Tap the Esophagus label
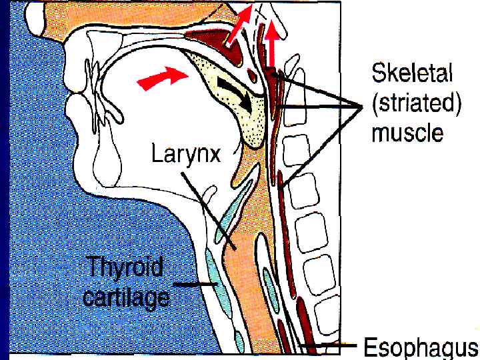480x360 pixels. coord(420,347)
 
